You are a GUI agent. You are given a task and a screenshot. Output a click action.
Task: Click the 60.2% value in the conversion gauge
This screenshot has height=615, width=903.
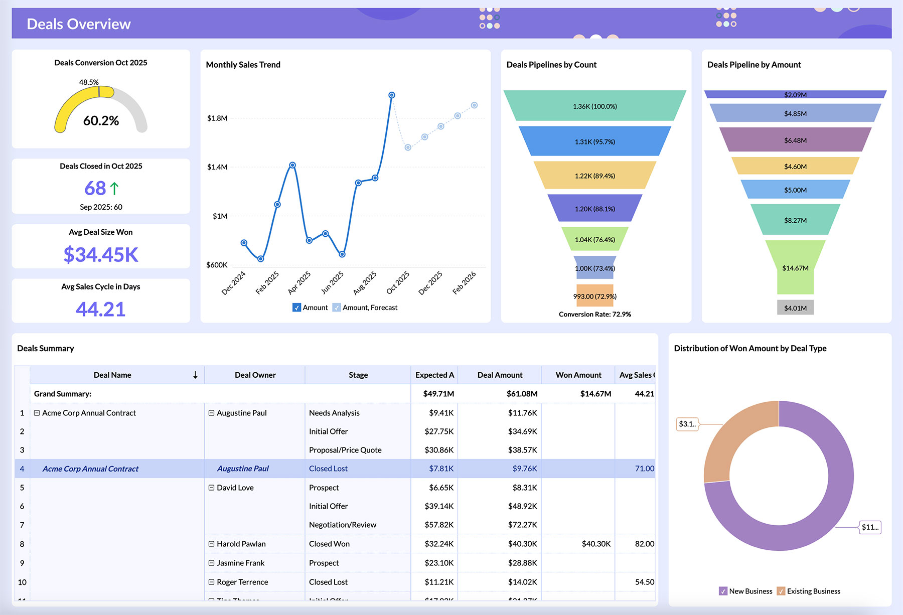click(x=101, y=121)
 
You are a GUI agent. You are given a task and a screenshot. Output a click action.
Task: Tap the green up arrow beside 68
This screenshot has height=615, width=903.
click(x=114, y=189)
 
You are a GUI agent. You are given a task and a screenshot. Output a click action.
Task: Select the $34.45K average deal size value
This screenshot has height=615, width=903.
click(x=101, y=255)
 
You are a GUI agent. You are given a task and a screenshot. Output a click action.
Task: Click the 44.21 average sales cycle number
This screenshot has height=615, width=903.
click(x=101, y=310)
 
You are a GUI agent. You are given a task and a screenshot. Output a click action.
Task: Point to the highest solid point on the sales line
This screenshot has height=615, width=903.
click(x=392, y=95)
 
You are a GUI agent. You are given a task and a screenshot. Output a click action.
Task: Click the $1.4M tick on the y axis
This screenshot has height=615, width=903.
click(x=217, y=167)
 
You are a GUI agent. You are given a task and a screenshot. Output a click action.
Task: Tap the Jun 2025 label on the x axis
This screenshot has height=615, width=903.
click(x=333, y=282)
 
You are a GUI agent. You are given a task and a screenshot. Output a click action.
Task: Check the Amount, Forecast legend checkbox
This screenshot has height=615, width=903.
click(x=337, y=307)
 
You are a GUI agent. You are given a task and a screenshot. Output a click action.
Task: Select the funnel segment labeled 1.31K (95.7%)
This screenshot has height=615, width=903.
click(x=594, y=141)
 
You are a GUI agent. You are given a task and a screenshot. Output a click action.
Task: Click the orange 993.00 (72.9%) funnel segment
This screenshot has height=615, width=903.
click(x=594, y=296)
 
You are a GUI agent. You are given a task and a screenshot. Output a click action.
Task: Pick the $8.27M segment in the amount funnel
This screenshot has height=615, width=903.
click(x=795, y=220)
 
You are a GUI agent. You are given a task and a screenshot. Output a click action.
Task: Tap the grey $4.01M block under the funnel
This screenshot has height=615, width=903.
click(x=795, y=307)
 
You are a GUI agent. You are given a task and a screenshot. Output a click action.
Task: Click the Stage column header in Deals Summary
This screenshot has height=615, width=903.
click(x=358, y=375)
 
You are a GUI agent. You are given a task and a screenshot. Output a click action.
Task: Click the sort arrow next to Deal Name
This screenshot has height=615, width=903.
click(x=195, y=375)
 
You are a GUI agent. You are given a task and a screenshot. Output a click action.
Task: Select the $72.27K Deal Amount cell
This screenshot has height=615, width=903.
click(x=522, y=525)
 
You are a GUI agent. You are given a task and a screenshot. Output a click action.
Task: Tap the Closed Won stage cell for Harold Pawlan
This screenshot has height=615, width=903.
click(x=329, y=544)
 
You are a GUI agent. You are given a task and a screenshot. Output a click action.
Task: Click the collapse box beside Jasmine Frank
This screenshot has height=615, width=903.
click(x=212, y=563)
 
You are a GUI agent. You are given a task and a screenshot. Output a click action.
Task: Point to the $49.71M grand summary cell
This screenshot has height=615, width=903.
click(x=438, y=394)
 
